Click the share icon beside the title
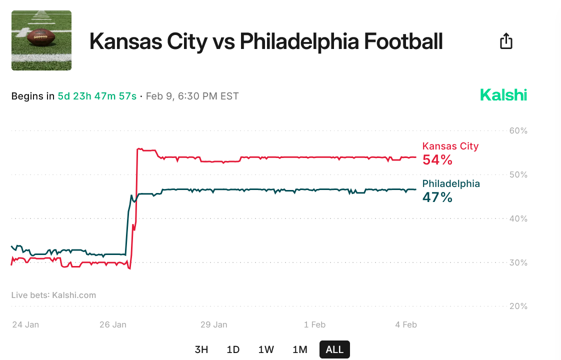[506, 40]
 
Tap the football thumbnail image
[41, 40]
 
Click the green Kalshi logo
[503, 95]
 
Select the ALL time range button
[334, 349]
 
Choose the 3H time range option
[201, 349]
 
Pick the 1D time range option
[233, 349]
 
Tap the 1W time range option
[266, 349]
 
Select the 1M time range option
[299, 349]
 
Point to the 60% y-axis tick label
[518, 130]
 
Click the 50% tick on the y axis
[518, 174]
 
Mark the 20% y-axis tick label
[518, 306]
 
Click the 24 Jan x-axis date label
[25, 324]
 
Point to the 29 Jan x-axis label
[213, 324]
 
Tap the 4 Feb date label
[405, 324]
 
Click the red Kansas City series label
[450, 146]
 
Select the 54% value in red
[437, 160]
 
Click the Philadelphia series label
[451, 183]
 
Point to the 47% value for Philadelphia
[437, 197]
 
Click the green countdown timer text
[97, 96]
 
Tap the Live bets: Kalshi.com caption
[53, 295]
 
